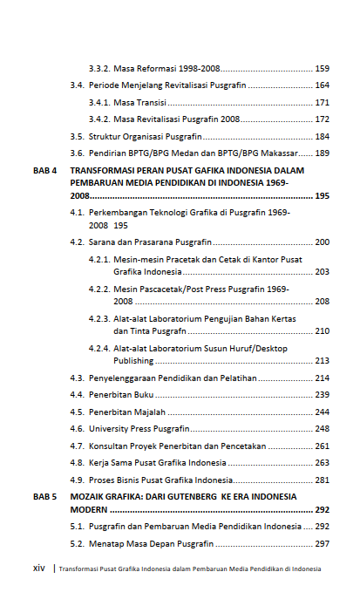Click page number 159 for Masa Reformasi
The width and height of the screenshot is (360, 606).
[x=322, y=68]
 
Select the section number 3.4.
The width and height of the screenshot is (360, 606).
[x=77, y=85]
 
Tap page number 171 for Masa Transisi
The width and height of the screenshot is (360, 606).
[x=322, y=103]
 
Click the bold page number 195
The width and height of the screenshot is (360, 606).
[x=322, y=197]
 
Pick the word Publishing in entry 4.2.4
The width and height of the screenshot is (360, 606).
[x=133, y=360]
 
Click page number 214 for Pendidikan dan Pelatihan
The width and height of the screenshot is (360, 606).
[x=322, y=378]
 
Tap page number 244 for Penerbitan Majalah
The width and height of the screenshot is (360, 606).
[x=322, y=412]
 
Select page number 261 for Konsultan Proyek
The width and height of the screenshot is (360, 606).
[x=322, y=446]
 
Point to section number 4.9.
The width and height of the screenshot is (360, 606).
[x=77, y=480]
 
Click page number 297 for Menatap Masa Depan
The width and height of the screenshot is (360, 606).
[x=322, y=543]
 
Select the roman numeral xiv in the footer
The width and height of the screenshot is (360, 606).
[x=38, y=569]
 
